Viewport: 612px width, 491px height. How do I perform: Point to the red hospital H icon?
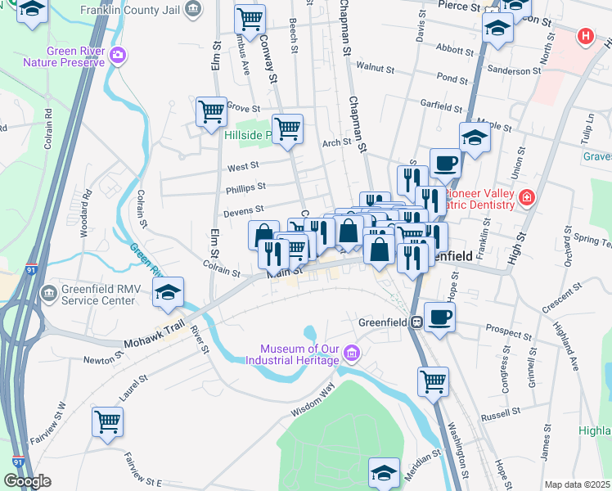pyautogui.click(x=585, y=36)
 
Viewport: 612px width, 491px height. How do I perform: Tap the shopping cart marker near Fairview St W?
pyautogui.click(x=107, y=421)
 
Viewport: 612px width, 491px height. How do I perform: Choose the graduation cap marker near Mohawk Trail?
pyautogui.click(x=168, y=292)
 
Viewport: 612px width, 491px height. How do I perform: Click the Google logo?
pyautogui.click(x=27, y=481)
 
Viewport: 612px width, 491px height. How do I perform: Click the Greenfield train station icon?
pyautogui.click(x=416, y=322)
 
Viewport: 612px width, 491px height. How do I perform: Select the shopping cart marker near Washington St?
pyautogui.click(x=433, y=380)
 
